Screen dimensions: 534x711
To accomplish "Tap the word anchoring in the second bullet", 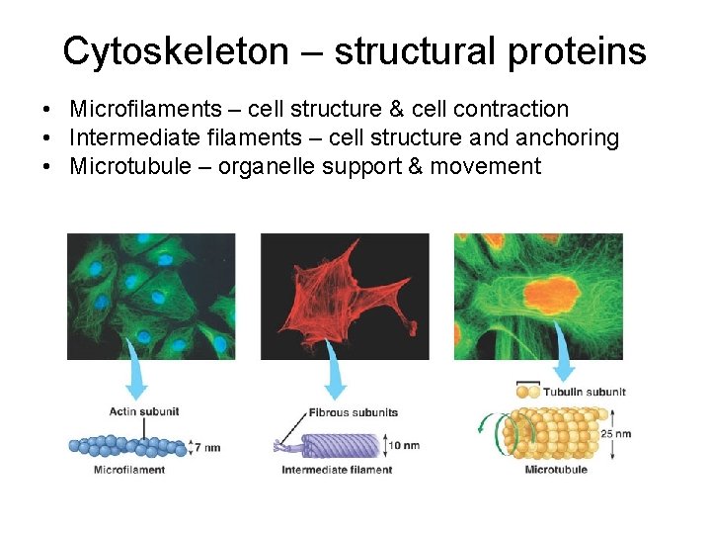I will (568, 137).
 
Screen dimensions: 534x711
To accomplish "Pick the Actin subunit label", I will (143, 411).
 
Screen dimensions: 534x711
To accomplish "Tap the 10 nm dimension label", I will (403, 445).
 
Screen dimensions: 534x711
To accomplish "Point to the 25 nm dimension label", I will (615, 433).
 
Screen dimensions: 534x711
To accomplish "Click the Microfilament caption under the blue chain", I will (129, 470).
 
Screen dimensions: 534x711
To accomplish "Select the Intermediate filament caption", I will (337, 470).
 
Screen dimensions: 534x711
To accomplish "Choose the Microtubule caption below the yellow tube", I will (556, 469).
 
